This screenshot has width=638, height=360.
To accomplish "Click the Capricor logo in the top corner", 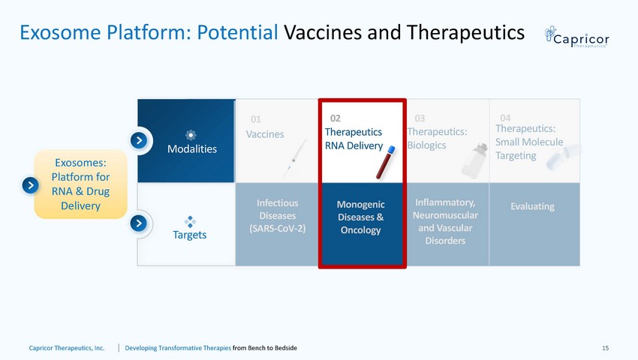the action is pyautogui.click(x=576, y=37).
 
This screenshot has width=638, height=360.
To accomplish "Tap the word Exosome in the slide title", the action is pyautogui.click(x=60, y=32).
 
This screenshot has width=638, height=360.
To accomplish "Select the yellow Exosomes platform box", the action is pyautogui.click(x=80, y=184).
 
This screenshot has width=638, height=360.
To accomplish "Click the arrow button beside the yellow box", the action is pyautogui.click(x=31, y=185).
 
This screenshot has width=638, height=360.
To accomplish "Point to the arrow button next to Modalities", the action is pyautogui.click(x=139, y=140).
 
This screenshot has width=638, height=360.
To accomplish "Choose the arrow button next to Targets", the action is pyautogui.click(x=139, y=223).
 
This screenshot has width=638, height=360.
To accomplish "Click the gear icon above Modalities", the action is pyautogui.click(x=191, y=135).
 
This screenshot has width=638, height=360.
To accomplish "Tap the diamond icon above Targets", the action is pyautogui.click(x=190, y=222).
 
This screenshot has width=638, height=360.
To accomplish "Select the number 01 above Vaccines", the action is pyautogui.click(x=255, y=119).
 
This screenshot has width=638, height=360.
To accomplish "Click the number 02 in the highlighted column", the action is pyautogui.click(x=336, y=118).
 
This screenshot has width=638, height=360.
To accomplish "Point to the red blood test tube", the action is pyautogui.click(x=385, y=163).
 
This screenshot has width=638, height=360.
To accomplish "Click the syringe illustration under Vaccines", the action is pyautogui.click(x=294, y=159).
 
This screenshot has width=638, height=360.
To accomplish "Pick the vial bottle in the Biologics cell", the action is pyautogui.click(x=475, y=161).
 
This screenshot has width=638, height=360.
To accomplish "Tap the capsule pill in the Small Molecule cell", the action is pyautogui.click(x=564, y=156).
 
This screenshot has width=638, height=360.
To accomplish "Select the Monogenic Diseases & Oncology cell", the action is pyautogui.click(x=360, y=224).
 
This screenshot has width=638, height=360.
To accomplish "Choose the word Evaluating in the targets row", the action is pyautogui.click(x=533, y=206).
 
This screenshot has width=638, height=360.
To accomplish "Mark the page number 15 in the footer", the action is pyautogui.click(x=606, y=348).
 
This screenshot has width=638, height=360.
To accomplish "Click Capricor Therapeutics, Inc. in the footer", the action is pyautogui.click(x=67, y=348).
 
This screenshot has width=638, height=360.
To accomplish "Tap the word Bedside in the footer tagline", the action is pyautogui.click(x=286, y=348).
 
